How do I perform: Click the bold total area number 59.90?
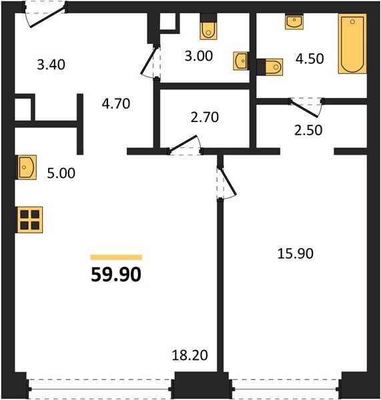click(116, 275)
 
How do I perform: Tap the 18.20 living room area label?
click(189, 355)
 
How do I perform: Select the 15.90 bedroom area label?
click(295, 254)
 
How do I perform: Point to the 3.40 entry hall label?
click(51, 64)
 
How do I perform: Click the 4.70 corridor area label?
click(116, 104)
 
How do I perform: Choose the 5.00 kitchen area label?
click(61, 173)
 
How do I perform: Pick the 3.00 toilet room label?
click(199, 56)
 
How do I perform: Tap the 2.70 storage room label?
click(205, 117)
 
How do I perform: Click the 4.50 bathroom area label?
click(310, 59)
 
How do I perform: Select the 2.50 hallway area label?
click(308, 130)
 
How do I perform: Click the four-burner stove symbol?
click(29, 219)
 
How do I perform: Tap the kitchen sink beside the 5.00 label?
click(26, 167)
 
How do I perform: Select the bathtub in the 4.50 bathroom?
click(352, 43)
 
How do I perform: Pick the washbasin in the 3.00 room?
click(241, 61)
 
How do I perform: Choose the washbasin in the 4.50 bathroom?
click(294, 22)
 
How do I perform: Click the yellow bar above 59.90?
click(116, 257)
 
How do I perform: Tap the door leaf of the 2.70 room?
click(183, 143)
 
